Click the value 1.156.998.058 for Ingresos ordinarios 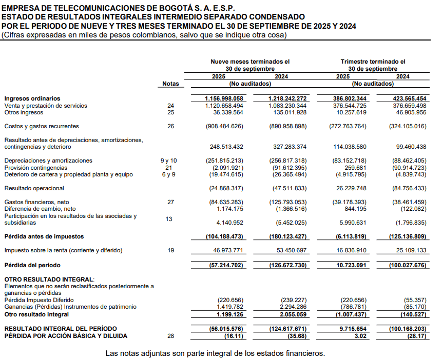224,98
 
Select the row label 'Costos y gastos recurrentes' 42,126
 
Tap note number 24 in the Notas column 171,106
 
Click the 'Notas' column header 171,84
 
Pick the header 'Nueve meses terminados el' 250,62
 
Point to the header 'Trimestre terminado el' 373,62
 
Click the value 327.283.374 287,147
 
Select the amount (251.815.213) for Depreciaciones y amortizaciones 224,161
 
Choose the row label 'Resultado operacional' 34,188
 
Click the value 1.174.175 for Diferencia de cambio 226,209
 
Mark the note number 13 169,219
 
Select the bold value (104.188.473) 224,237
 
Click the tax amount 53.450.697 287,251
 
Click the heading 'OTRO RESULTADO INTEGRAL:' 43,279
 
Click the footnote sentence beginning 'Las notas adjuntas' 215,353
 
